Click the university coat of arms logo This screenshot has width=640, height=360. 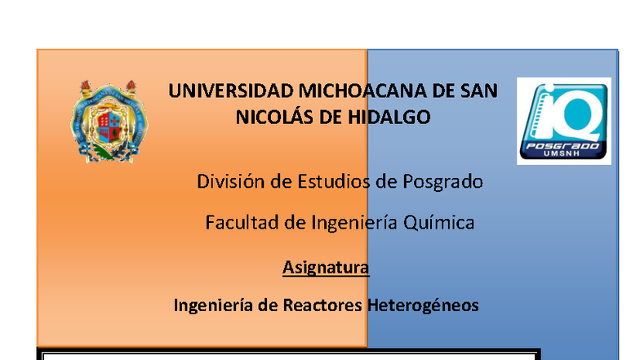click(x=109, y=121)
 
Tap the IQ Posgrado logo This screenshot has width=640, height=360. click(x=565, y=121)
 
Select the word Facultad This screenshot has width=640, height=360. click(x=238, y=222)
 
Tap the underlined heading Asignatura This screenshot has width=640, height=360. click(x=326, y=267)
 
